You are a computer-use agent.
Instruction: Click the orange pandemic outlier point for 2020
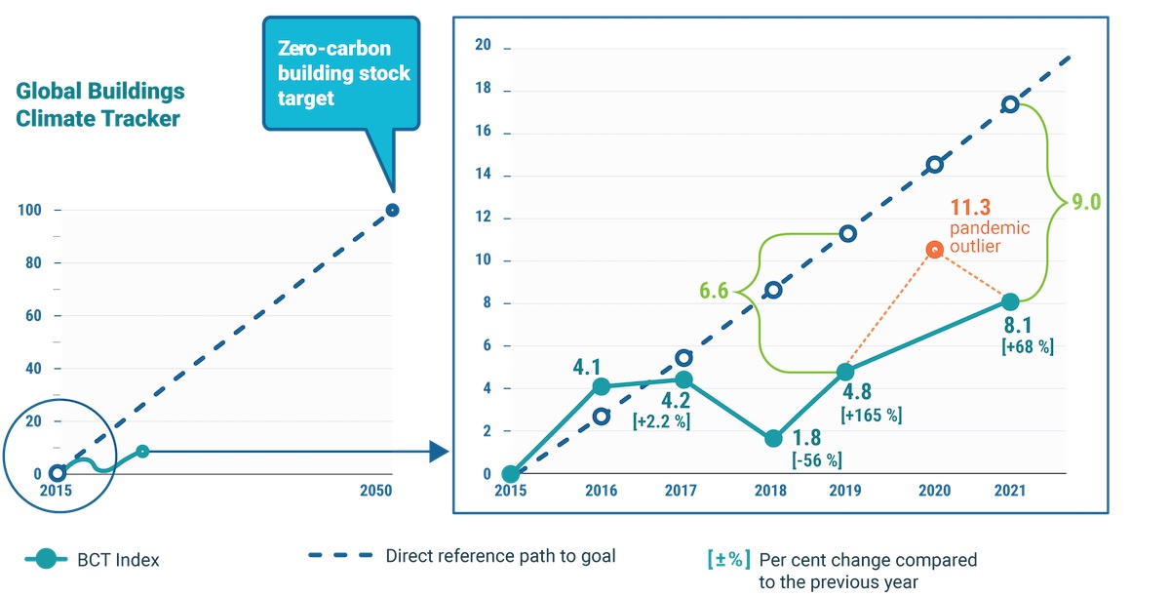[x=934, y=250]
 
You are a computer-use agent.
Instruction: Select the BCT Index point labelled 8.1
[x=1011, y=301]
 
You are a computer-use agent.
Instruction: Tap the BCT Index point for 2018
[x=773, y=438]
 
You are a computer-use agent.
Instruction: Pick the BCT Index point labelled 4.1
[x=602, y=386]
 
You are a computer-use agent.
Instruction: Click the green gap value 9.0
[x=1086, y=202]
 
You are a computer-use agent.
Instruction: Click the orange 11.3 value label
[x=970, y=207]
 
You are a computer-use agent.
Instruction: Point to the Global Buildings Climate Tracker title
[x=100, y=105]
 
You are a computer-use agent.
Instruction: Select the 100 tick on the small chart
[x=28, y=211]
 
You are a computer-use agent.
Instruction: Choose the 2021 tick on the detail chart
[x=1010, y=492]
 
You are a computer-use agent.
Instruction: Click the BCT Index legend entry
[x=93, y=560]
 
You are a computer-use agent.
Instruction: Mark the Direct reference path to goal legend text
[x=500, y=556]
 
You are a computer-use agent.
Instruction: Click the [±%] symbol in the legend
[x=728, y=559]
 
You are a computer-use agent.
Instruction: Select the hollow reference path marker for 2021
[x=1011, y=104]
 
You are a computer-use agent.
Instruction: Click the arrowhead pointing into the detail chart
[x=439, y=452]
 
